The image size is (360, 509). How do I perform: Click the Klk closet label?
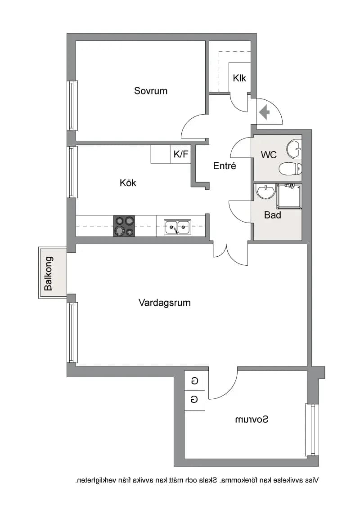[x=239, y=78]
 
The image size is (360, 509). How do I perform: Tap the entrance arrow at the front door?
[x=265, y=112]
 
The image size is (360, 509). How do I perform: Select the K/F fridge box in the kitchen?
[x=180, y=154]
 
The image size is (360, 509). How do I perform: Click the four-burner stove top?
[x=124, y=226]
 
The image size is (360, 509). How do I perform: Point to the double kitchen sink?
[x=177, y=227]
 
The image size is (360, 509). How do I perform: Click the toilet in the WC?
[x=290, y=169]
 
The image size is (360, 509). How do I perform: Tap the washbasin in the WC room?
[x=294, y=149]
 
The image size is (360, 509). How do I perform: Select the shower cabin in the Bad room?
[x=289, y=196]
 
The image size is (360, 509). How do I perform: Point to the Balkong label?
[x=49, y=273]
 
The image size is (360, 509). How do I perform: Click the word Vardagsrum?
[x=164, y=303]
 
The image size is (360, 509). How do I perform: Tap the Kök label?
[x=128, y=183]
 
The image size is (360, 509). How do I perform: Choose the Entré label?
[x=225, y=166]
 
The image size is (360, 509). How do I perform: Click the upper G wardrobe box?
[x=194, y=380]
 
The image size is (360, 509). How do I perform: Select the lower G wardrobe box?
[x=194, y=400]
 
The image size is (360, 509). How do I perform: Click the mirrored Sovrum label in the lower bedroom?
[x=252, y=420]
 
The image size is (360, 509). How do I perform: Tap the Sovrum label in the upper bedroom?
[x=151, y=90]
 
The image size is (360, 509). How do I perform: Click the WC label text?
[x=269, y=155]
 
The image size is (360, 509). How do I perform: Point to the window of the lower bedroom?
[x=312, y=430]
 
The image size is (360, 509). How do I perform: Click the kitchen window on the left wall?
[x=72, y=172]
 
